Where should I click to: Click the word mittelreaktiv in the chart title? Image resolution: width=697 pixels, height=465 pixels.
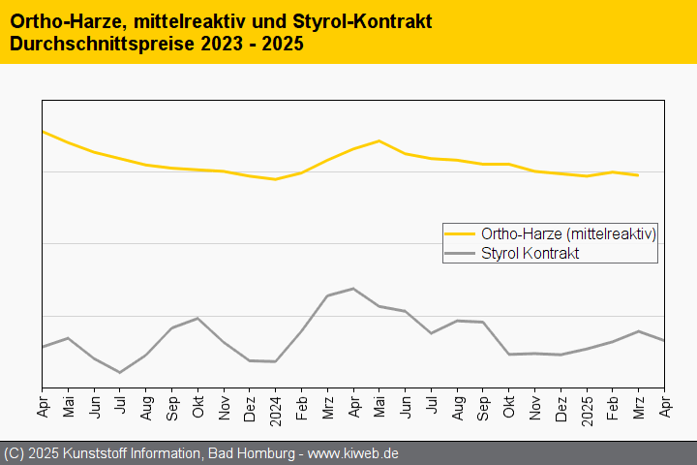[183, 21]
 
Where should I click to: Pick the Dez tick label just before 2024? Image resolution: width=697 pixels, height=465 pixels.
[250, 406]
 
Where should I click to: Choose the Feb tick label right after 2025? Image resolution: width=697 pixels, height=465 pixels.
[613, 405]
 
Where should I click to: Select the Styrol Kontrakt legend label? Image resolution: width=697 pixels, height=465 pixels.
[530, 253]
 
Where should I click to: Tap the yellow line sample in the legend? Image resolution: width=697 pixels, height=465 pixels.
[460, 233]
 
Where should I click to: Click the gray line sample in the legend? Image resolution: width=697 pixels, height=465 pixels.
[460, 253]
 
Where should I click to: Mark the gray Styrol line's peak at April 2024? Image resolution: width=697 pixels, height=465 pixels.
[353, 289]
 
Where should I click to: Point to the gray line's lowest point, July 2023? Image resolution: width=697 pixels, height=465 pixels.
[120, 372]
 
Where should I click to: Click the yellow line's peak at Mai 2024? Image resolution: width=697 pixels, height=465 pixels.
[379, 141]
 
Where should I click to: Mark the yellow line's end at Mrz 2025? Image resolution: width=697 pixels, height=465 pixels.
[638, 175]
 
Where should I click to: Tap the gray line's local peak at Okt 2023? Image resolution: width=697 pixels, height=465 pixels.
[197, 319]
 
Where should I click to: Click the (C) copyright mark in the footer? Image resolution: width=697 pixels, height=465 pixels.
[14, 453]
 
